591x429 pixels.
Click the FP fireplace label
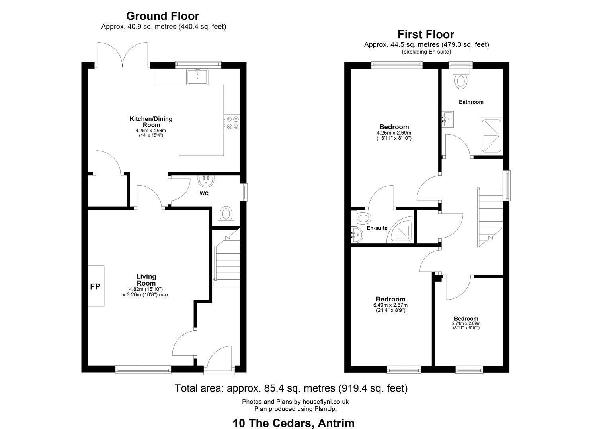95,286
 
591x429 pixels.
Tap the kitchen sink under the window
197,76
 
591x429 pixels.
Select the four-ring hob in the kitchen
232,123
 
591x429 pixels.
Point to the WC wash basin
206,180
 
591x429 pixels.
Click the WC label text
204,193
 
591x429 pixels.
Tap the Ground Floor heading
163,16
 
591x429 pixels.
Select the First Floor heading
426,34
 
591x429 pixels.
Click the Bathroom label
471,102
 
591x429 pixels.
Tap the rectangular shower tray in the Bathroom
491,136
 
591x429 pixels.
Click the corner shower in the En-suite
400,230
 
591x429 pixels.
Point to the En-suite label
377,228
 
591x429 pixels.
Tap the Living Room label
146,280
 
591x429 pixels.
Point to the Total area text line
291,388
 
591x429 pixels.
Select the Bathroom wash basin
447,119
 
